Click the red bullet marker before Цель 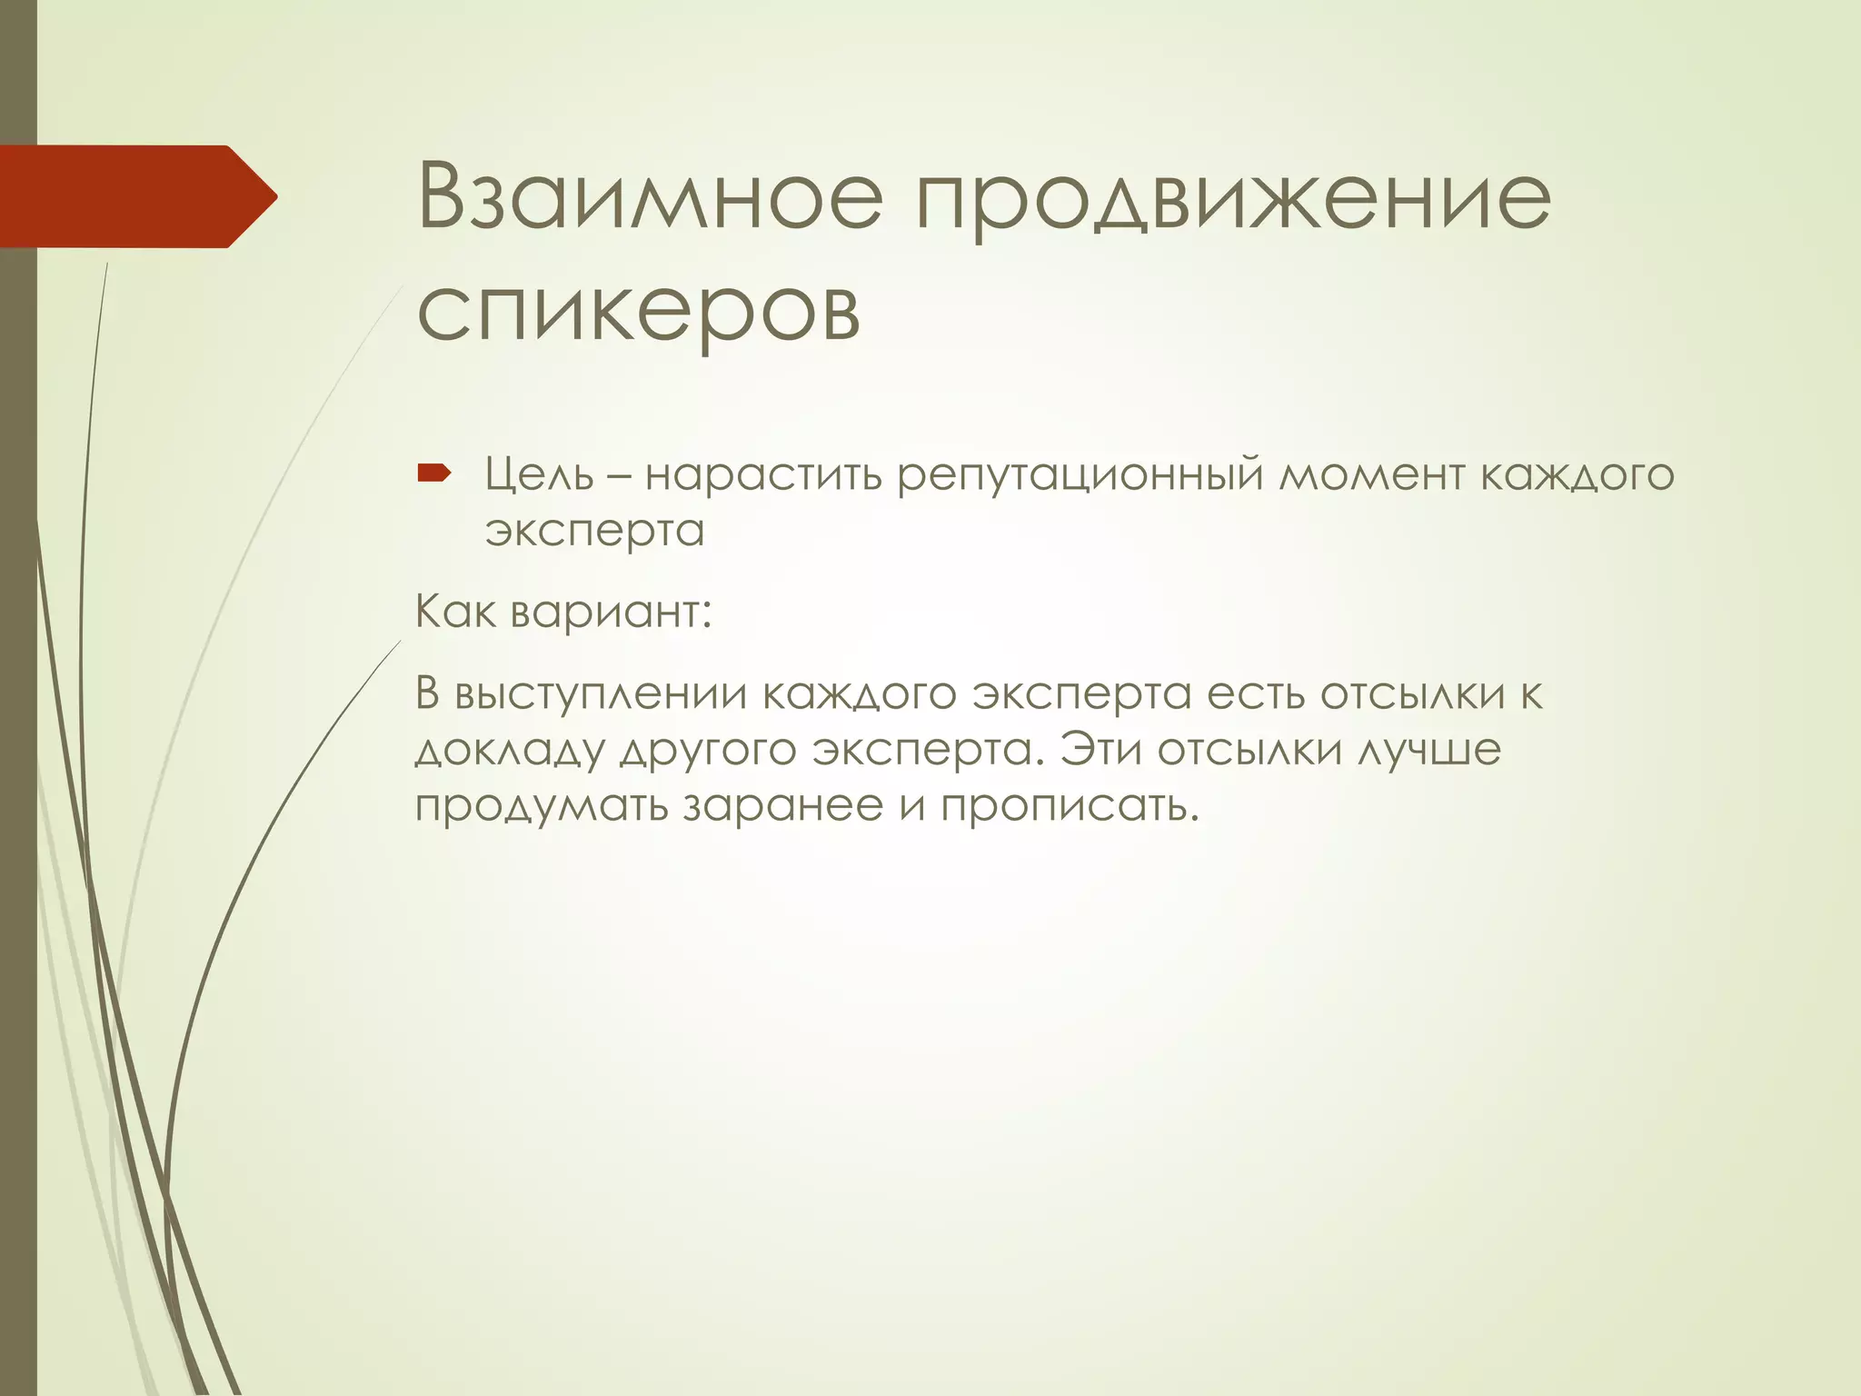(433, 473)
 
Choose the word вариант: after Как (611, 613)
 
